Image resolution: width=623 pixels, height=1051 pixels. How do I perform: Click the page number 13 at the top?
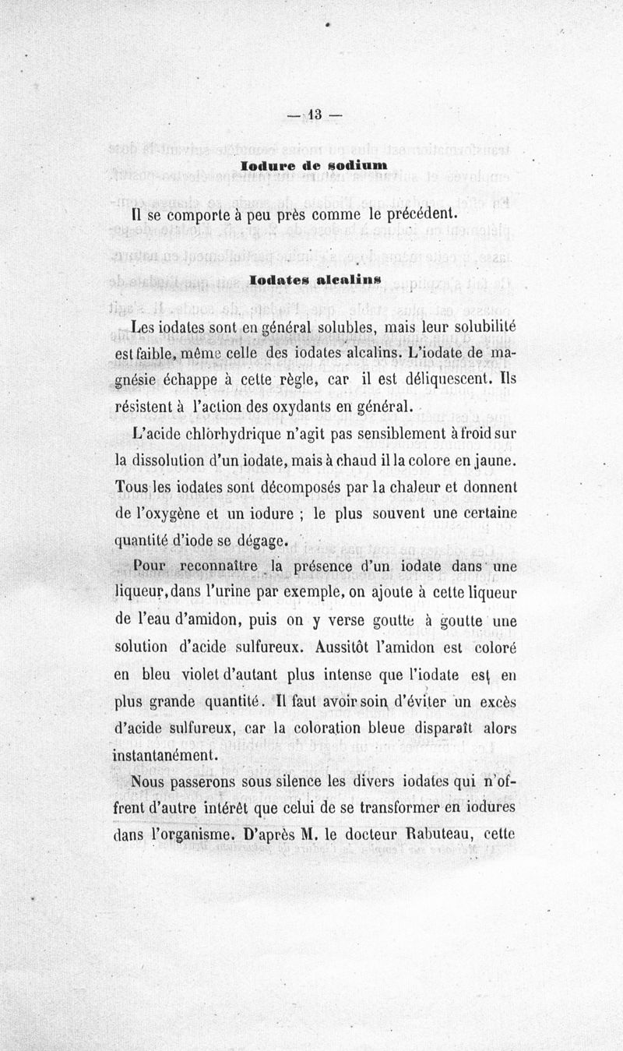pyautogui.click(x=314, y=115)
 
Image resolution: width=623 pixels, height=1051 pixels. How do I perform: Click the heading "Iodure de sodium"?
pyautogui.click(x=315, y=166)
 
